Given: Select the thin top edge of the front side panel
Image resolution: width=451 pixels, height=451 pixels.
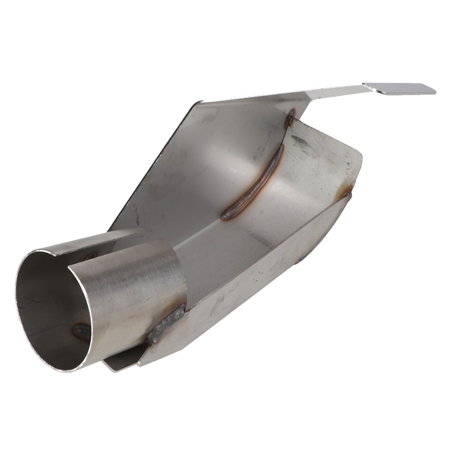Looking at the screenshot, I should click(x=264, y=250).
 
